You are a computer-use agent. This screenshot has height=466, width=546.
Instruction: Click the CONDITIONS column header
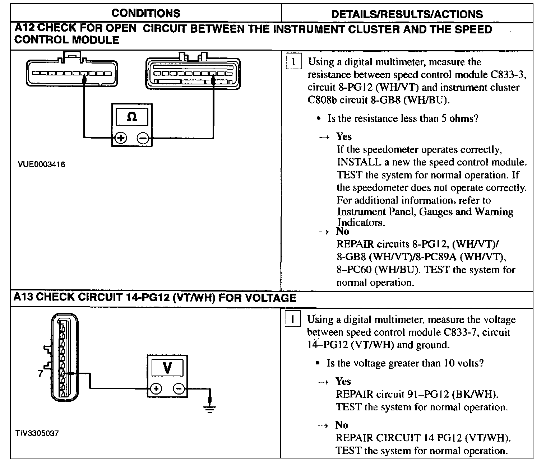(x=146, y=13)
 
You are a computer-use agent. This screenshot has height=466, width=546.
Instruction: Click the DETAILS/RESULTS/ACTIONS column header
(x=407, y=14)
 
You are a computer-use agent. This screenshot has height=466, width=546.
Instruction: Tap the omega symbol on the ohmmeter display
(x=132, y=117)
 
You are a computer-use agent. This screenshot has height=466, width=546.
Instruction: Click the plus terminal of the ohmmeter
(x=121, y=138)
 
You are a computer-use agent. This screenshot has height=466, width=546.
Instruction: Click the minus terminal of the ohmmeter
(x=143, y=138)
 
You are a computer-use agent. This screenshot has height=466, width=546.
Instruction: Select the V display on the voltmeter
(x=167, y=367)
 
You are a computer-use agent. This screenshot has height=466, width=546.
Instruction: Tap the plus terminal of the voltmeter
(x=156, y=388)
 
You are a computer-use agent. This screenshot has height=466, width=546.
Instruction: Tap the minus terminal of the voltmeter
(x=179, y=388)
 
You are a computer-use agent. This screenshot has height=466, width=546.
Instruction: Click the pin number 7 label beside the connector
(x=40, y=373)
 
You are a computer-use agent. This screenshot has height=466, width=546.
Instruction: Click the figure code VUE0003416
(x=41, y=165)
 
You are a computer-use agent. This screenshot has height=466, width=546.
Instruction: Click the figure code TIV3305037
(x=37, y=433)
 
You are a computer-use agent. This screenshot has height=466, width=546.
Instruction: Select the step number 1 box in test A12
(x=293, y=62)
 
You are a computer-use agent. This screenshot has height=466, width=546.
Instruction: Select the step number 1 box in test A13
(x=292, y=319)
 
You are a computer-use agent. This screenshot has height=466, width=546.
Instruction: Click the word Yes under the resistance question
(x=344, y=136)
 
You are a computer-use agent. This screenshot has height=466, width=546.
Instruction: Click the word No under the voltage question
(x=342, y=425)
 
